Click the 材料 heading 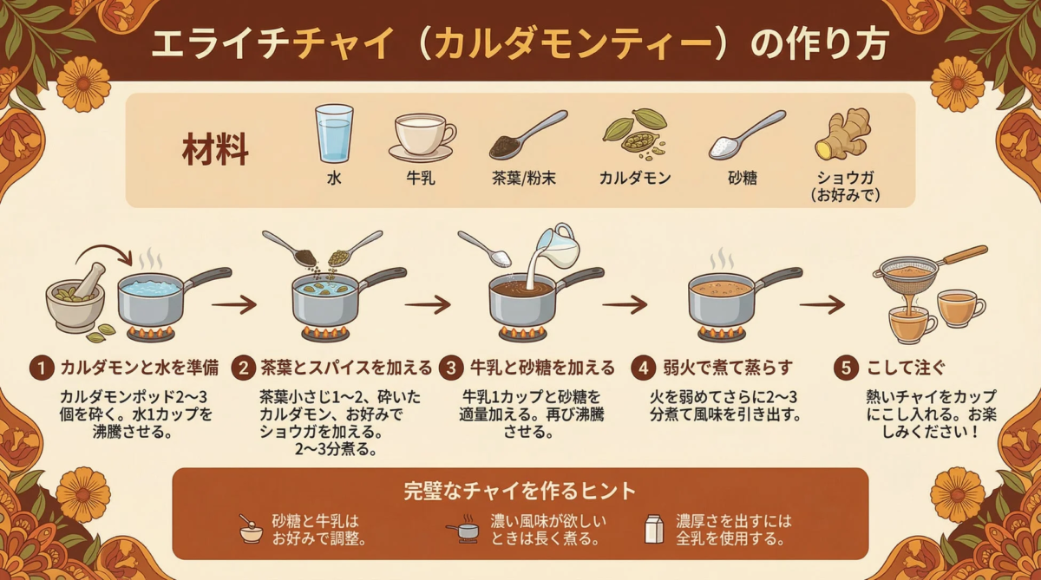[x=215, y=148]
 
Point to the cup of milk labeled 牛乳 [x=422, y=135]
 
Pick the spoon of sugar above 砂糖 [x=746, y=135]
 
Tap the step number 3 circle [x=451, y=368]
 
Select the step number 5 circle [x=848, y=368]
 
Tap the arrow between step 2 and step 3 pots [x=428, y=304]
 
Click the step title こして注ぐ [x=902, y=368]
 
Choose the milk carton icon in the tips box [x=653, y=528]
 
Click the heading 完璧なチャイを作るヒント [x=520, y=491]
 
